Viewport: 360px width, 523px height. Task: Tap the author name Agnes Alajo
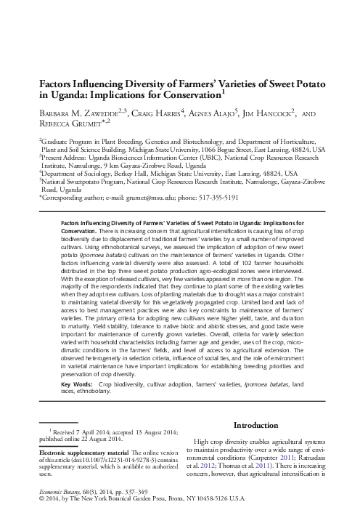(227, 114)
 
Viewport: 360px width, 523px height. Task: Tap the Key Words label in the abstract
(75, 382)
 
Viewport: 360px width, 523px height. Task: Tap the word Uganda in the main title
(61, 94)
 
